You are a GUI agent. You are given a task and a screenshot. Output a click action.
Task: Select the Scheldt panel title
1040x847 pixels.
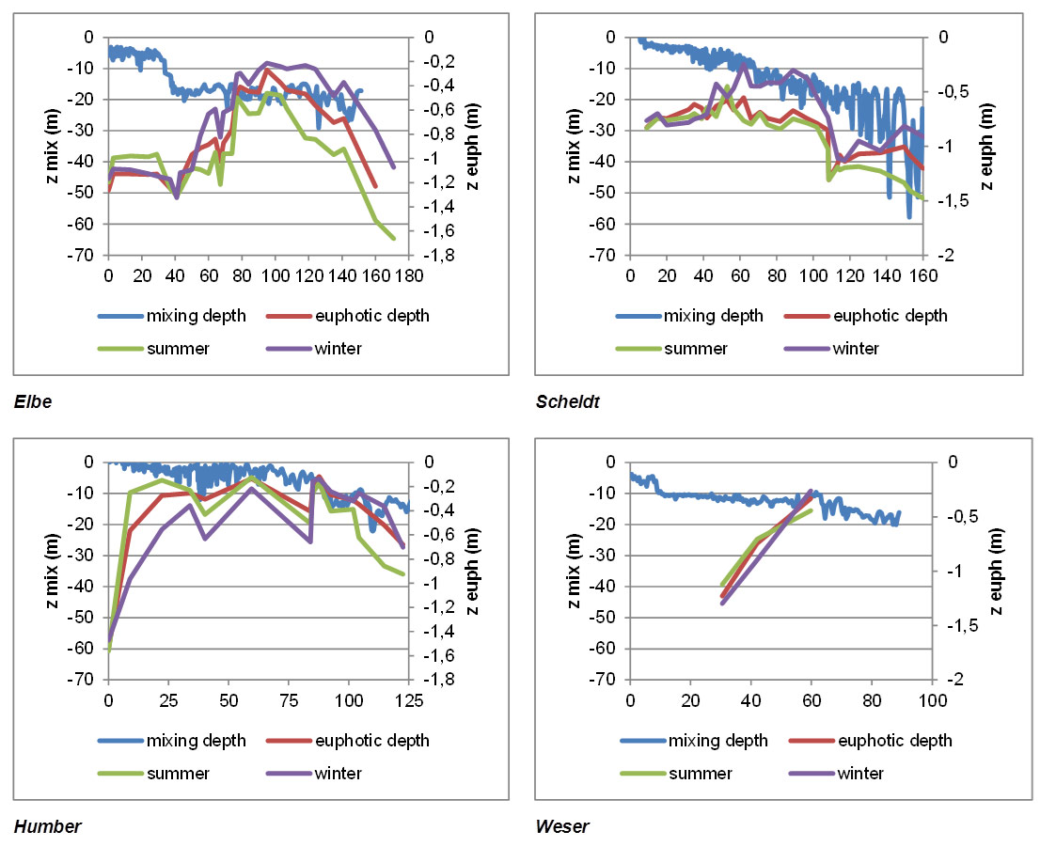coord(567,402)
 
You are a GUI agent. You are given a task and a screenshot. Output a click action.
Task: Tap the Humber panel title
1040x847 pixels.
coord(47,827)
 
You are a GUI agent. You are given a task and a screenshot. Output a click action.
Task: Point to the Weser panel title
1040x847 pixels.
coord(561,827)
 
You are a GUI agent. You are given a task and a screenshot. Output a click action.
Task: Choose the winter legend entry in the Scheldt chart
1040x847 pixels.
coord(854,349)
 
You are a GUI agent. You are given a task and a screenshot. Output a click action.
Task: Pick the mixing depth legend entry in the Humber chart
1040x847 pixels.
coord(196,741)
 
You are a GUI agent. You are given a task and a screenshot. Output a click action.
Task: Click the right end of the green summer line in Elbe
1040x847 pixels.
coord(393,239)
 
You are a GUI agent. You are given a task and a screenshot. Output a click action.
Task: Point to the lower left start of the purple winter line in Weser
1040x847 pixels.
coord(722,603)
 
